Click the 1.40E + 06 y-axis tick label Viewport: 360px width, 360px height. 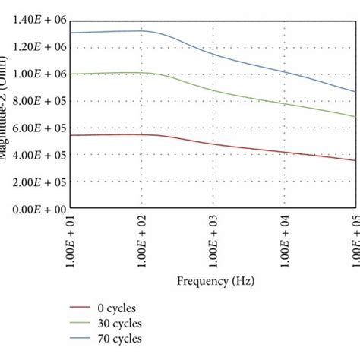[36, 20]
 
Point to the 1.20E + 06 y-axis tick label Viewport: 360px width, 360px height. [36, 47]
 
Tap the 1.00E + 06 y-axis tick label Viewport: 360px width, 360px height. [36, 74]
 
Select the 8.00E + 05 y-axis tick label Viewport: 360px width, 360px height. [36, 101]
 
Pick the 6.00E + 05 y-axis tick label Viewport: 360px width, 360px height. [36, 128]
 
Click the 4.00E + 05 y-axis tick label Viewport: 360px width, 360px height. [36, 155]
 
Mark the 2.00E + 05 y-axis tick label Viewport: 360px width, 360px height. [36, 182]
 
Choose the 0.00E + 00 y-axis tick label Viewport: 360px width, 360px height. [36, 209]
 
